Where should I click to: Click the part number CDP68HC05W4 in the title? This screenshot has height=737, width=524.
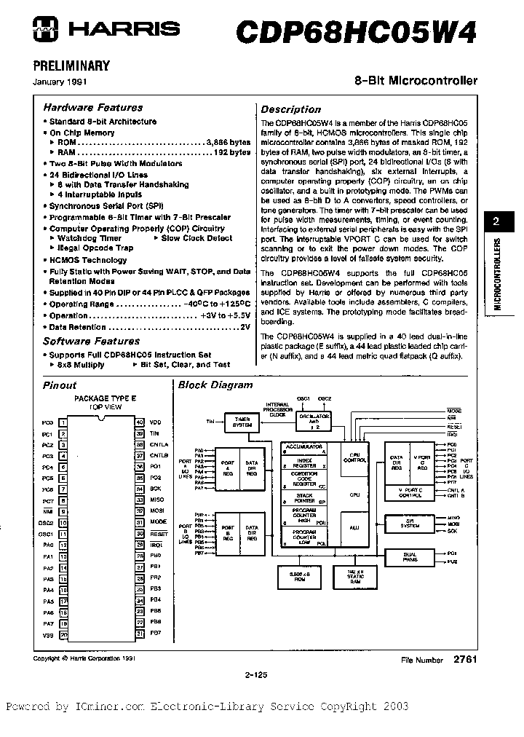point(356,33)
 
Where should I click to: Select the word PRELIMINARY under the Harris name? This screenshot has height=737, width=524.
point(72,66)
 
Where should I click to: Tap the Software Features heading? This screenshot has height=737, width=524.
point(91,341)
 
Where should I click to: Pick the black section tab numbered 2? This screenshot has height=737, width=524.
point(496,224)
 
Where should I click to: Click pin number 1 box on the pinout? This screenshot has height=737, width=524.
point(63,422)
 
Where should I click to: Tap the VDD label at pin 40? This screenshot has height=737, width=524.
point(155,422)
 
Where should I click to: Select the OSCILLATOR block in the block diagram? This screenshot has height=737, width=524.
point(315,421)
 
